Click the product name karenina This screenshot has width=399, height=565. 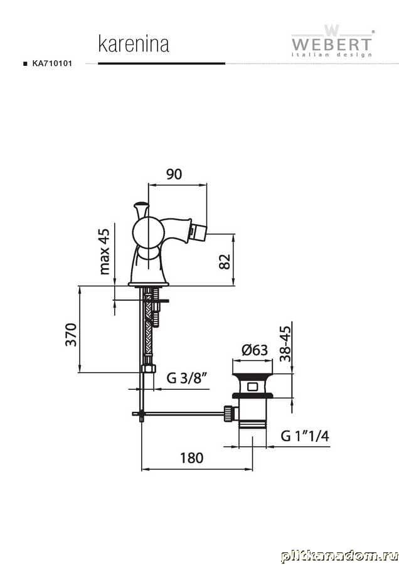pos(134,45)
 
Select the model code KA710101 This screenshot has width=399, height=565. pos(52,63)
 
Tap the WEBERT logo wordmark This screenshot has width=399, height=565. pos(331,45)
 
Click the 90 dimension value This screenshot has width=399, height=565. pos(174,175)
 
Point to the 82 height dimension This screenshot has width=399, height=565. pos(225,262)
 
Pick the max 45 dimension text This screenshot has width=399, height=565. pos(104,252)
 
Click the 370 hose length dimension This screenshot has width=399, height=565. pos(71,335)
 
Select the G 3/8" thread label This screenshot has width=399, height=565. pos(188,378)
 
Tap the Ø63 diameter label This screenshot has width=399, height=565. pos(255,350)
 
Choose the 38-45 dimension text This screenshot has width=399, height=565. pos(285,343)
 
